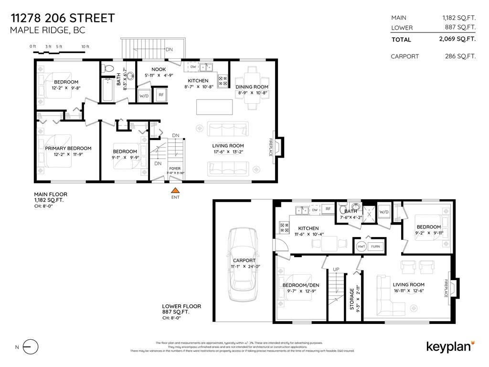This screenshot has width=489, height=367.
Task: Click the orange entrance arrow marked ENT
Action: click(176, 190)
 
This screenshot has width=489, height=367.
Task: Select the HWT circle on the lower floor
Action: click(361, 247)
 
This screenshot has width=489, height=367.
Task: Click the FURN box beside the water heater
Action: click(376, 247)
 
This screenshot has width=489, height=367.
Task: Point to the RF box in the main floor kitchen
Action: click(161, 94)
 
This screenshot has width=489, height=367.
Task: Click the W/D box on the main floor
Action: click(144, 95)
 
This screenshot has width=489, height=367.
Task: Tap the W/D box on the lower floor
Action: click(384, 212)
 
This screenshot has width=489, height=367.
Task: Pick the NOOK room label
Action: click(159, 70)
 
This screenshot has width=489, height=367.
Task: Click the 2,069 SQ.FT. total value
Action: click(457, 40)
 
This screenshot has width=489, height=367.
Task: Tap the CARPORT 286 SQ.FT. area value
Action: click(460, 56)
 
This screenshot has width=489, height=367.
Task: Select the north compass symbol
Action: click(30, 346)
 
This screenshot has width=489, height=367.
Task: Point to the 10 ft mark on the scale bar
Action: click(85, 46)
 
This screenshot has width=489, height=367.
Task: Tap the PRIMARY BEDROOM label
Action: click(68, 149)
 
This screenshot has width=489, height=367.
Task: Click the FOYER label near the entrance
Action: click(175, 168)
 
